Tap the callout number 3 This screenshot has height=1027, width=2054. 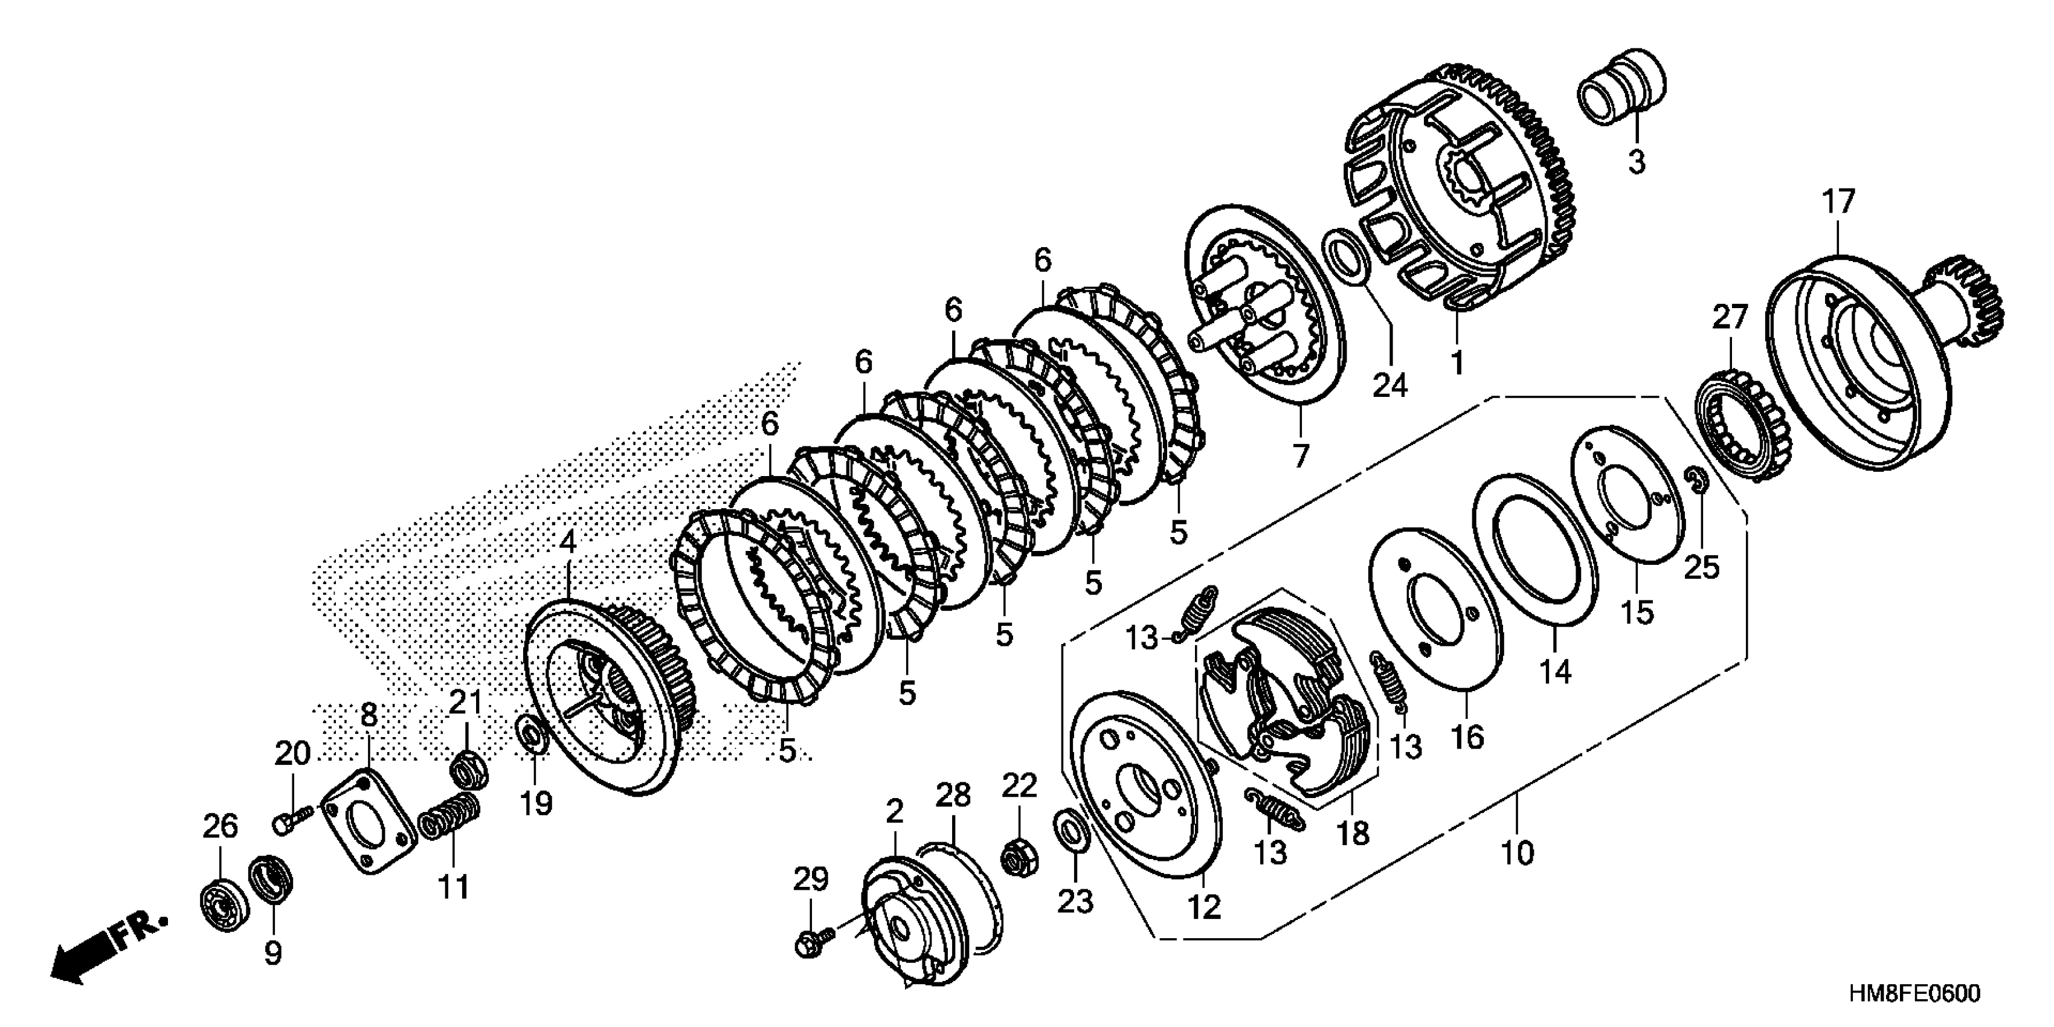point(1635,163)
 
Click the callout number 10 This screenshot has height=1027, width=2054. point(1516,853)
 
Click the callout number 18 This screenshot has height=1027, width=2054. point(1353,833)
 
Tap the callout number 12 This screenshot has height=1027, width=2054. point(1203,907)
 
